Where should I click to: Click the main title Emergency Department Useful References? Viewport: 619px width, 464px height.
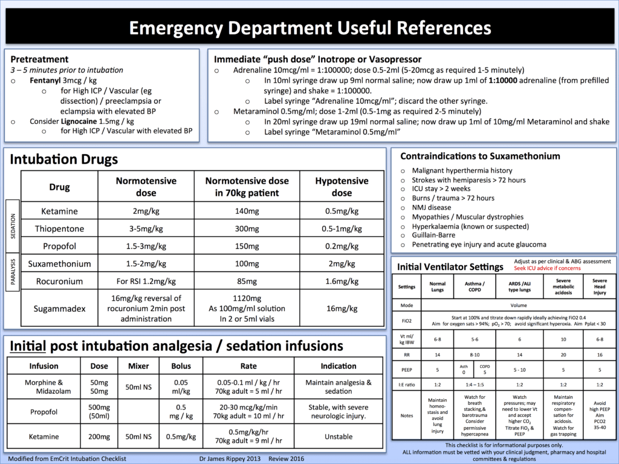310,28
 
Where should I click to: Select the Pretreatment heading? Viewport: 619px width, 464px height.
39,59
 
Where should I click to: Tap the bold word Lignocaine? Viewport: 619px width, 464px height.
79,121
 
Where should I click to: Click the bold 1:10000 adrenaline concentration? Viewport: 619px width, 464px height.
502,80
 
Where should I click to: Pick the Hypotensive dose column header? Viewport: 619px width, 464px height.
342,187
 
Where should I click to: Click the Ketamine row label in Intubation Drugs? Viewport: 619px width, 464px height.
59,211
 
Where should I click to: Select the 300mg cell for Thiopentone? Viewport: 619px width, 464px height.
247,228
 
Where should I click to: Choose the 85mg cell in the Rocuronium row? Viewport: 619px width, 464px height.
247,282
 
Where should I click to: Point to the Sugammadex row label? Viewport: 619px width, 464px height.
59,309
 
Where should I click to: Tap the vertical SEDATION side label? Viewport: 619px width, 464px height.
13,226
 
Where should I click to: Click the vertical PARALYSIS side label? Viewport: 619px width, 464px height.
13,271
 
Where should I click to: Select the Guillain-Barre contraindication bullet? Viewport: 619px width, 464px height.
433,235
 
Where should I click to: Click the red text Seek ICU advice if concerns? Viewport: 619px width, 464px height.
547,268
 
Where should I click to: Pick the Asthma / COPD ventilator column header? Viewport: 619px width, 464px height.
475,286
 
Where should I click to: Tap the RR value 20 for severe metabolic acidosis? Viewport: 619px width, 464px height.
563,355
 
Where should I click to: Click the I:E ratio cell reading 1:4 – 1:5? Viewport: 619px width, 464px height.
475,385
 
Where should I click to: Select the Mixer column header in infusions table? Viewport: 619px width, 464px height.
138,366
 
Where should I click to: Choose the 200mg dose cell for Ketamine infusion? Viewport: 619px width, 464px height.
99,437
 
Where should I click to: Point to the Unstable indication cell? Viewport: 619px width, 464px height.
339,437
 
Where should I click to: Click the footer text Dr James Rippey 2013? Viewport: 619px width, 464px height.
230,459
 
